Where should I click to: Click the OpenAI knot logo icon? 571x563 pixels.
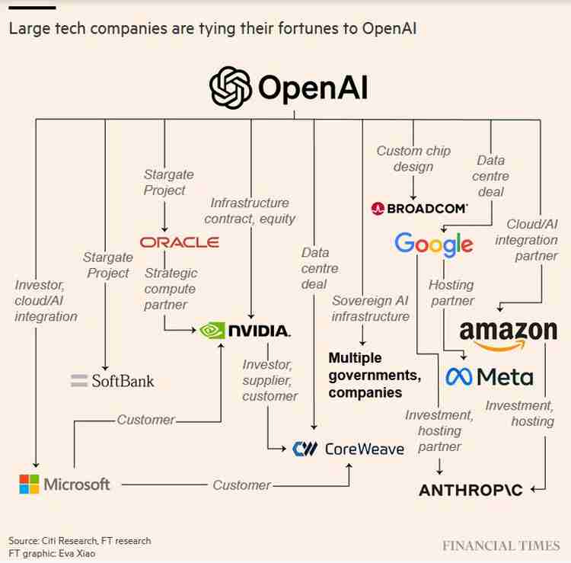tap(231, 88)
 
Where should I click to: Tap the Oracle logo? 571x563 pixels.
tap(180, 242)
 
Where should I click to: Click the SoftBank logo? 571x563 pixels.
tap(112, 380)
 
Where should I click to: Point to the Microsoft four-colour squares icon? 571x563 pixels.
tap(29, 484)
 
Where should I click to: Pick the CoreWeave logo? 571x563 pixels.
tap(349, 449)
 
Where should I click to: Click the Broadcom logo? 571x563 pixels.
tap(419, 207)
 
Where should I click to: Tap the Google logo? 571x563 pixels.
tap(433, 245)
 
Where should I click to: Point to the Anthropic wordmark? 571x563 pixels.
tap(471, 490)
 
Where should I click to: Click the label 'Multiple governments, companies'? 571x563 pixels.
tap(375, 375)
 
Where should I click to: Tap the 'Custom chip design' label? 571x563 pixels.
tap(413, 158)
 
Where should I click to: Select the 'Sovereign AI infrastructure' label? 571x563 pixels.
tap(370, 309)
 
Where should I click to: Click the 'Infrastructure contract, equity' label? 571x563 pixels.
tap(250, 210)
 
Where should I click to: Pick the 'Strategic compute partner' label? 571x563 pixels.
tap(170, 289)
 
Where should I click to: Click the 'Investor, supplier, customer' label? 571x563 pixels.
tap(270, 380)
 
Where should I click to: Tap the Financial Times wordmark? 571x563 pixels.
tap(501, 545)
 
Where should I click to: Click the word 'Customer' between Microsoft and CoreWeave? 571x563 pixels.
tap(241, 485)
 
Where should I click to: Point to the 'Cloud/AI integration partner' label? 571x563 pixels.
tap(526, 240)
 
